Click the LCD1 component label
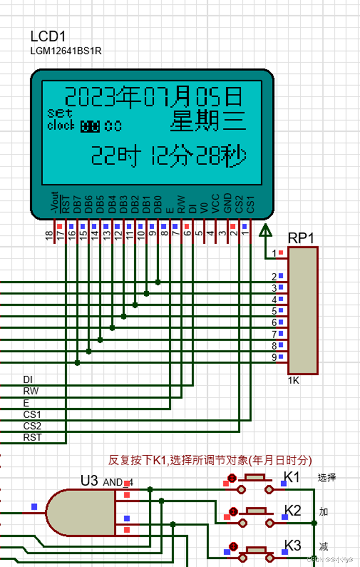tap(45, 36)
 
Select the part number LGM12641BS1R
tap(66, 51)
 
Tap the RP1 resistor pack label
tap(301, 238)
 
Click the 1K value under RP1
tap(293, 380)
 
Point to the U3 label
tap(89, 481)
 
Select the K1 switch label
tap(292, 478)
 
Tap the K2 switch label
tap(292, 510)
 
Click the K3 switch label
tap(292, 545)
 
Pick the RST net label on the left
tap(32, 437)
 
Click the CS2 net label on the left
tap(32, 426)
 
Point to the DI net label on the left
tap(28, 380)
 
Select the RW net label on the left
tap(31, 391)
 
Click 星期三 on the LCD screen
tap(208, 121)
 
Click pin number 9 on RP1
tap(274, 357)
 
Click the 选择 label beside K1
tap(327, 478)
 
